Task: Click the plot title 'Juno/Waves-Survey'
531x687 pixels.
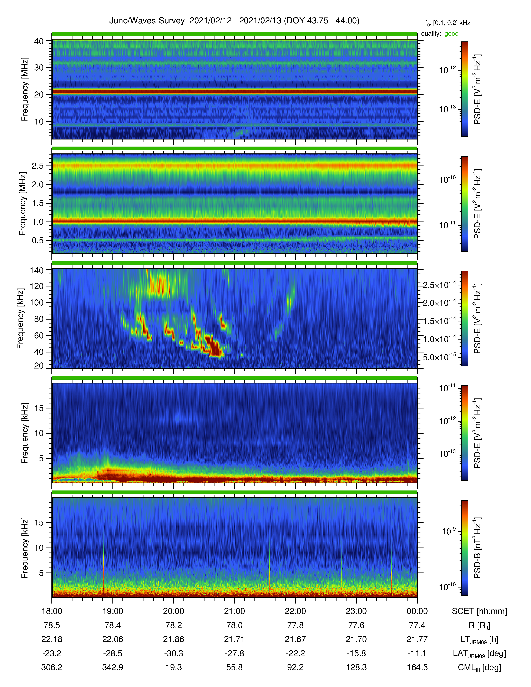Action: tap(147, 21)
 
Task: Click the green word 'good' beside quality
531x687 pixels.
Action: tap(451, 34)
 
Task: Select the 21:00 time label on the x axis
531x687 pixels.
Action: tap(234, 611)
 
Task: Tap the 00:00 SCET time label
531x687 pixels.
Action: tap(417, 611)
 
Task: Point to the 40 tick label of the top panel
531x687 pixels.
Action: tap(39, 41)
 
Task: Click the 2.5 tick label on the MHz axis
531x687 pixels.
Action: tap(37, 166)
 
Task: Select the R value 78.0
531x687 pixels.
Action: tap(234, 625)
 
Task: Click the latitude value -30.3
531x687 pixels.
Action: tap(174, 653)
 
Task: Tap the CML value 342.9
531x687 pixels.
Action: tap(113, 667)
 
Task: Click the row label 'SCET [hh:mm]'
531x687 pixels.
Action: tap(479, 611)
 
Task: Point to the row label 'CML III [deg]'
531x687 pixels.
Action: tap(479, 667)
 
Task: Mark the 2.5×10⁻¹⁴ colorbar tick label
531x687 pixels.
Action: tap(439, 285)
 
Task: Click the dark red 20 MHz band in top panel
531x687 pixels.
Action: tap(234, 92)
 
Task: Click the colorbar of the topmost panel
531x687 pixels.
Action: tap(464, 89)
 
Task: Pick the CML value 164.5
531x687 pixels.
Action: tap(417, 667)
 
